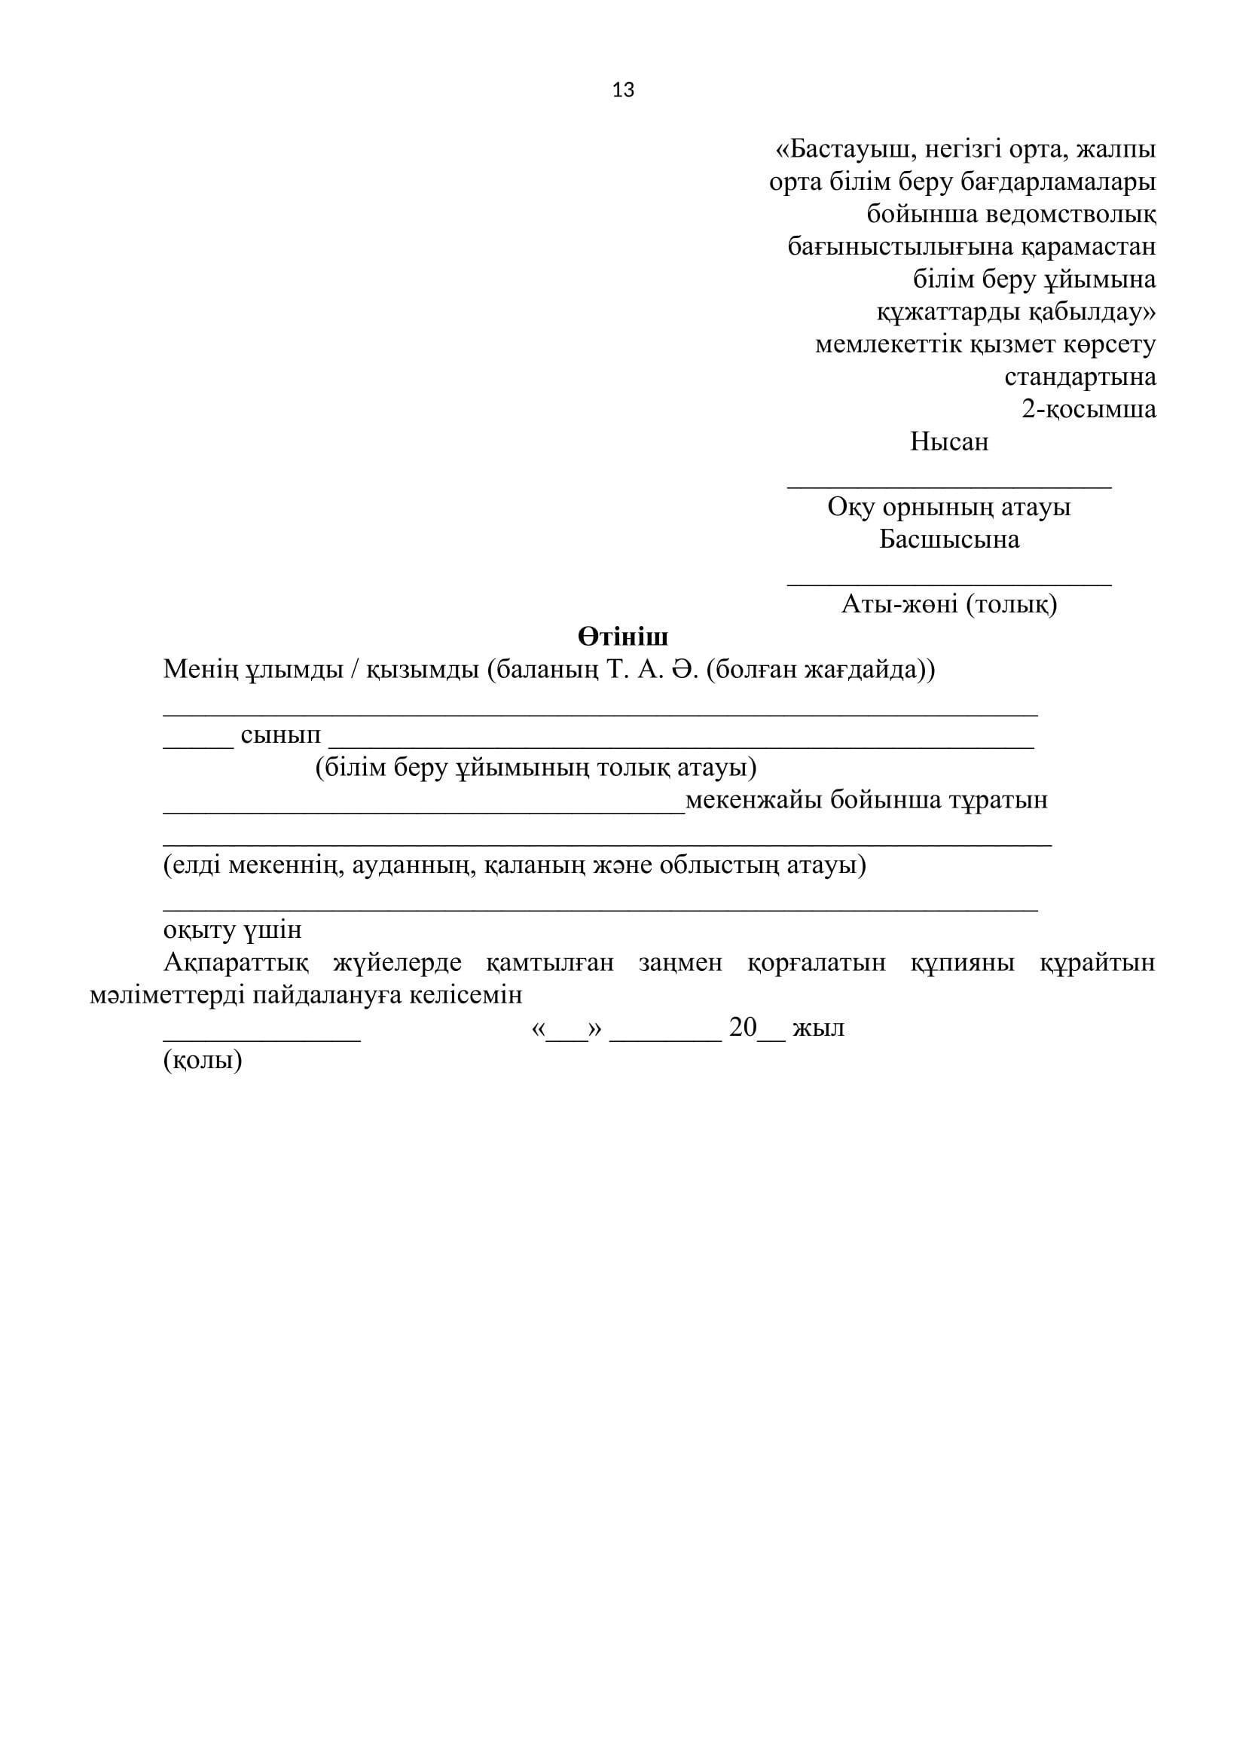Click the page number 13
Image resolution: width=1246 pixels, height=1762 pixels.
click(x=623, y=90)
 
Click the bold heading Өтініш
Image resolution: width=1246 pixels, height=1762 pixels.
click(x=623, y=637)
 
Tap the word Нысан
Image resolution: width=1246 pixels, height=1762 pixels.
click(x=949, y=442)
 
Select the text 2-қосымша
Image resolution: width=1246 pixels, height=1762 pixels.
click(x=1088, y=409)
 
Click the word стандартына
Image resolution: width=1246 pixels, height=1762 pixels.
click(x=1080, y=377)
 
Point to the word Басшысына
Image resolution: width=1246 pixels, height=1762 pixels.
click(x=949, y=539)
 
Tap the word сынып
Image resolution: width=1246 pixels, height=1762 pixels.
click(x=281, y=735)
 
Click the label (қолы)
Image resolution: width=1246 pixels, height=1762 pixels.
click(x=203, y=1061)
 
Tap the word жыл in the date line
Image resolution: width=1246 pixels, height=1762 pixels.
click(x=818, y=1028)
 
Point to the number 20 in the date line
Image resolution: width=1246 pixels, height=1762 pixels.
click(x=743, y=1028)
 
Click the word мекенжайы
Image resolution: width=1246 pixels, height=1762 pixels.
click(x=753, y=801)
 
